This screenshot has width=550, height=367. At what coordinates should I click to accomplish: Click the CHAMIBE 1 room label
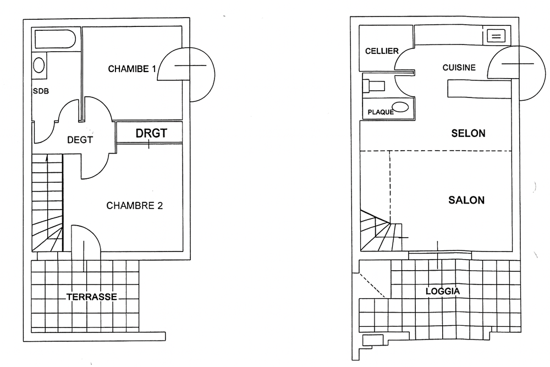point(132,69)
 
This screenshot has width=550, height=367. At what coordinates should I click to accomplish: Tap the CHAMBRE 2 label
point(135,206)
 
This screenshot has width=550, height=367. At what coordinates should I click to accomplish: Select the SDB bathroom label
point(41,91)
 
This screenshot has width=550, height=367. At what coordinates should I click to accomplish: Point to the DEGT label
point(80,140)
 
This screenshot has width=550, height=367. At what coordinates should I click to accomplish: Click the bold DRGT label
point(152,133)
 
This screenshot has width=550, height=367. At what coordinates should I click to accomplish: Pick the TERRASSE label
point(92,297)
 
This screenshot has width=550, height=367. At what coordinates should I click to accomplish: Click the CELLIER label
point(382,51)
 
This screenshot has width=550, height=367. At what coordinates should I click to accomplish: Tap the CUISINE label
point(459,67)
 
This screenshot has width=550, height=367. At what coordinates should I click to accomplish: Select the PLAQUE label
point(381,112)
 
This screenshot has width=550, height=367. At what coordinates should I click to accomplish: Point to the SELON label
point(468,133)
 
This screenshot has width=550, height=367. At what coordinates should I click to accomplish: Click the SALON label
point(466,200)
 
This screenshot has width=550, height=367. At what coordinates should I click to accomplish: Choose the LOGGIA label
point(443,291)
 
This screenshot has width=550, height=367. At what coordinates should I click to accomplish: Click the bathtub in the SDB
point(55,39)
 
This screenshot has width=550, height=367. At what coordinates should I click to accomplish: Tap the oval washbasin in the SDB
point(38,65)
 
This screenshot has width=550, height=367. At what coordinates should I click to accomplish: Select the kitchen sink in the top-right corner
point(496,36)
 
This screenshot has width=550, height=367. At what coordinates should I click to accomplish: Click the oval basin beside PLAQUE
point(400,107)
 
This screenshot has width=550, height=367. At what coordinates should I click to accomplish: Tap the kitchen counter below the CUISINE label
point(480,89)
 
